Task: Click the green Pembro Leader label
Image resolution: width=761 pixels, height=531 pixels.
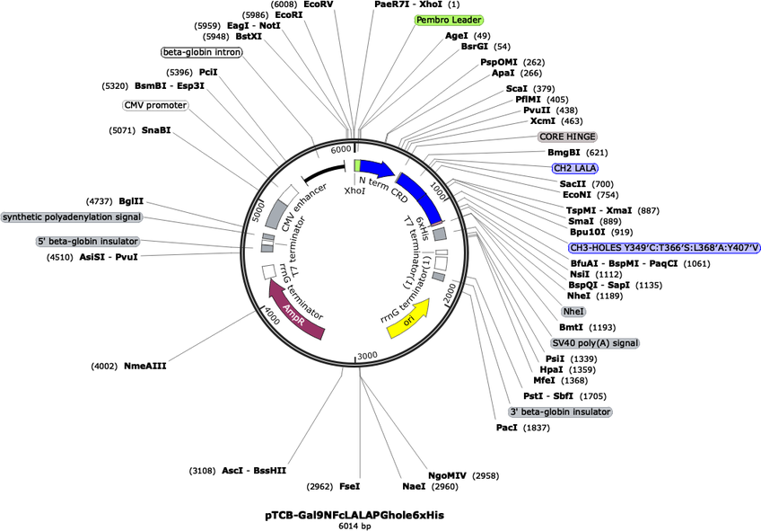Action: pyautogui.click(x=449, y=20)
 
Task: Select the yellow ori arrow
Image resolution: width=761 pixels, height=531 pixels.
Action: pyautogui.click(x=409, y=318)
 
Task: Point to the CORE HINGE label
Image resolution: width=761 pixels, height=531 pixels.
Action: pyautogui.click(x=567, y=137)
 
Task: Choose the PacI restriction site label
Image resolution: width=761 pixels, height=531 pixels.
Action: pyautogui.click(x=507, y=428)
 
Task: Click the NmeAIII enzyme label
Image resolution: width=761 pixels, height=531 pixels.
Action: pyautogui.click(x=145, y=366)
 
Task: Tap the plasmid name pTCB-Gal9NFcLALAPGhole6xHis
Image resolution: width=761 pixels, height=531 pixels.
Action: pyautogui.click(x=354, y=515)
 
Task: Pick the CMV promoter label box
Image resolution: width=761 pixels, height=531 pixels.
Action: pyautogui.click(x=155, y=105)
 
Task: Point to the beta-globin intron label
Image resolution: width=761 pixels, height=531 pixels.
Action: pyautogui.click(x=202, y=52)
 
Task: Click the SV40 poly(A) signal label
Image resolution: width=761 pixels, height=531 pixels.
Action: pyautogui.click(x=595, y=343)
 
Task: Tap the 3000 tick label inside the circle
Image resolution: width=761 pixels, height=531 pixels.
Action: pyautogui.click(x=366, y=357)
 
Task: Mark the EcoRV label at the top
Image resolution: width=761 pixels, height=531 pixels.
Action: pyautogui.click(x=318, y=4)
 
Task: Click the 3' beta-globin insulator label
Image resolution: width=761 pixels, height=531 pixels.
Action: pyautogui.click(x=560, y=412)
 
